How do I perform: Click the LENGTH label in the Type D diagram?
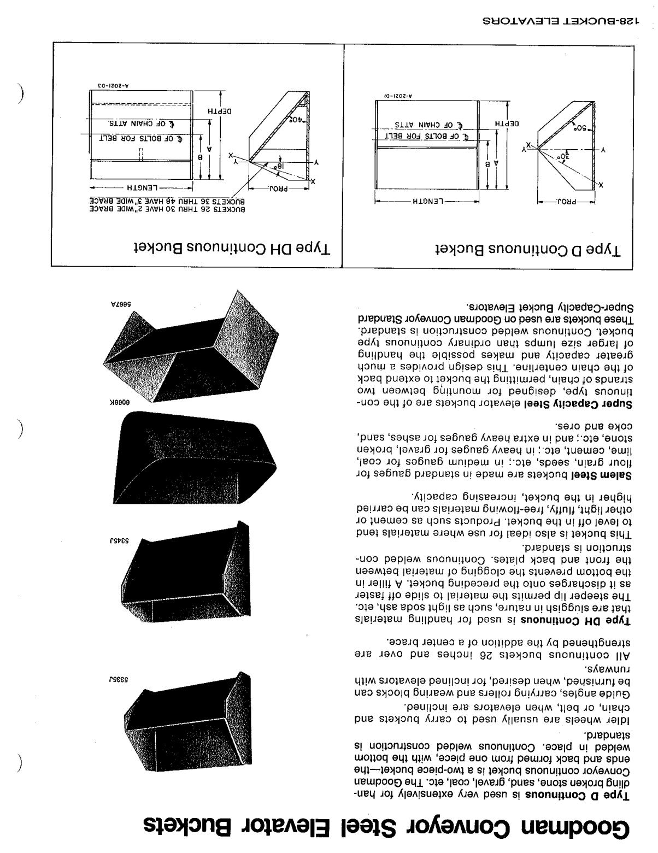427,201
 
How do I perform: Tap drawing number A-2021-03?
111,86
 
